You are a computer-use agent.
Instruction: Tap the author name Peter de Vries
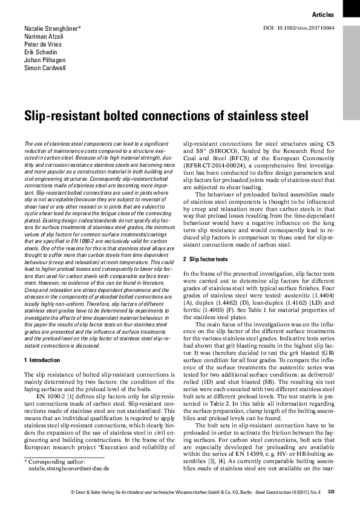(42, 45)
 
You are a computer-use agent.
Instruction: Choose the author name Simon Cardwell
(45, 68)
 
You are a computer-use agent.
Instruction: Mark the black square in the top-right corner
(351, 7)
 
